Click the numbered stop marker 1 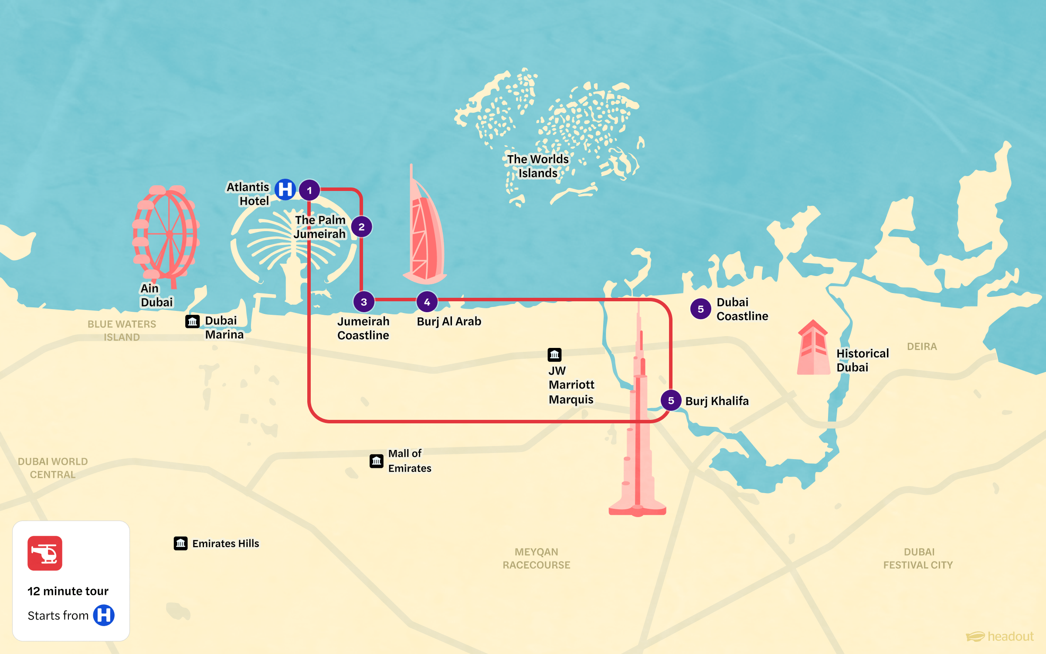coord(309,190)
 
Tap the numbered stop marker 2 coord(361,227)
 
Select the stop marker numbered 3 coord(364,302)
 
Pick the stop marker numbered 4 coord(427,302)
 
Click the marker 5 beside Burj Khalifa coord(671,400)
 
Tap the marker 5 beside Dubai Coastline coord(701,309)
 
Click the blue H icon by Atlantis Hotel coord(285,190)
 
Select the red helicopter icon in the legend coord(45,553)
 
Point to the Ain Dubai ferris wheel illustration coord(166,233)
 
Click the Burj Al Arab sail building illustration coord(425,235)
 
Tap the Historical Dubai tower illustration coord(813,349)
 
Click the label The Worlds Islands coord(538,166)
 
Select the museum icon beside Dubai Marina coord(192,321)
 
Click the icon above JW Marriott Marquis coord(554,354)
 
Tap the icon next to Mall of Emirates coord(377,461)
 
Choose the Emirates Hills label coord(225,543)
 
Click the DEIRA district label coord(922,347)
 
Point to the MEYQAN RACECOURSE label coord(537,559)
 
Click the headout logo coord(1000,637)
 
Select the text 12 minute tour coord(68,591)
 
